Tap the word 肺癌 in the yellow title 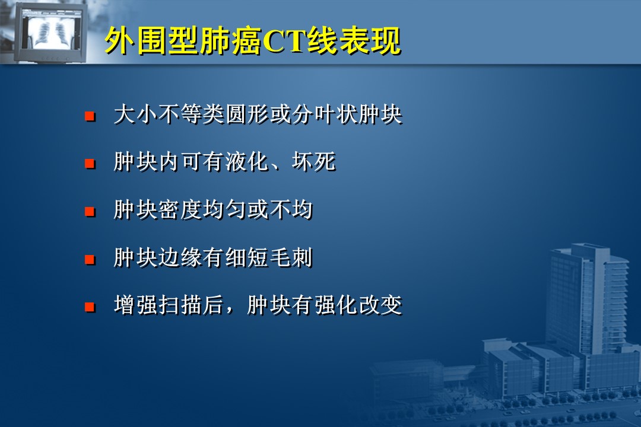coord(230,42)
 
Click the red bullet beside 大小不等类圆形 coord(90,116)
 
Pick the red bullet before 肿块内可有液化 coord(90,164)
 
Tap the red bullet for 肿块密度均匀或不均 coord(90,212)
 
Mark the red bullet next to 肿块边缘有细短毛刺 coord(90,260)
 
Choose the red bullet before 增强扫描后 coord(90,307)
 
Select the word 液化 coord(247,162)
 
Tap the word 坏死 coord(313,162)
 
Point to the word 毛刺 coord(291,257)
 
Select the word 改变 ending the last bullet coord(380,305)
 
